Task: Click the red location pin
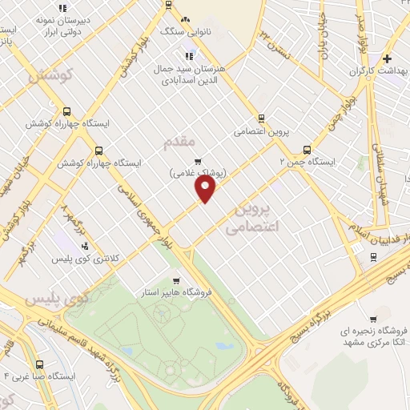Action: click(206, 189)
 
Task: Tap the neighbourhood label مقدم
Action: click(179, 142)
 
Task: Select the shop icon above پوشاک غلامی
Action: click(197, 159)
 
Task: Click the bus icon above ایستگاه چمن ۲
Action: click(307, 149)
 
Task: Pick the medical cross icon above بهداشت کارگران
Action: click(387, 58)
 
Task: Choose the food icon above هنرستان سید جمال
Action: click(190, 55)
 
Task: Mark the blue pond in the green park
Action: click(225, 347)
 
